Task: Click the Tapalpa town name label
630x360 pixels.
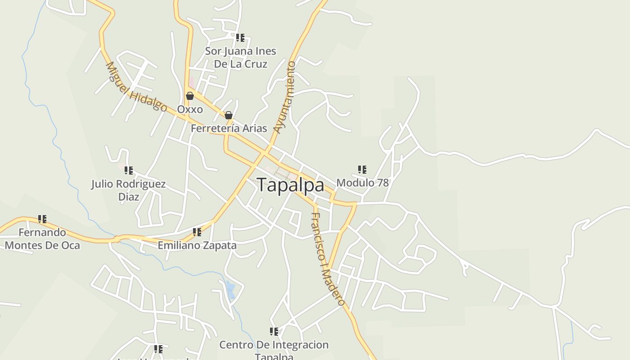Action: (290, 185)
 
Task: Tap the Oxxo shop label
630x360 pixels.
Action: (190, 109)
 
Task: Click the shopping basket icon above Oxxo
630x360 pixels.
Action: (190, 96)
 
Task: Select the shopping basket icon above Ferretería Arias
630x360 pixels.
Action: (229, 115)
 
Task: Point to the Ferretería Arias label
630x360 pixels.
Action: (229, 128)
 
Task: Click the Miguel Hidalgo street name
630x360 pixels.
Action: (136, 87)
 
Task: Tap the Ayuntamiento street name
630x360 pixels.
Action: (285, 97)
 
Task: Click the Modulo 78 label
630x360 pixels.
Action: (362, 183)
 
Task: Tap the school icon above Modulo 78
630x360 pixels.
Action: (362, 170)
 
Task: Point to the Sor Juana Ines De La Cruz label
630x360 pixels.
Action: (240, 58)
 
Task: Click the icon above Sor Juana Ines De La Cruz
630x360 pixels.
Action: (240, 38)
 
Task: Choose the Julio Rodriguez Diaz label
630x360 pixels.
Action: (128, 190)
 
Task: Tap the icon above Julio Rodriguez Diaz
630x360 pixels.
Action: (129, 171)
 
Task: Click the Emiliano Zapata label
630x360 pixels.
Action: (197, 246)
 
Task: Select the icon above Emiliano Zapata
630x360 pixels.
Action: (197, 232)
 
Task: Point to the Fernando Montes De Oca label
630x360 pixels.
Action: (42, 239)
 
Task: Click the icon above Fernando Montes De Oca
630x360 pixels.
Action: (42, 219)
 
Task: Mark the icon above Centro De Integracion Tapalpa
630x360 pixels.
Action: (274, 332)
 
